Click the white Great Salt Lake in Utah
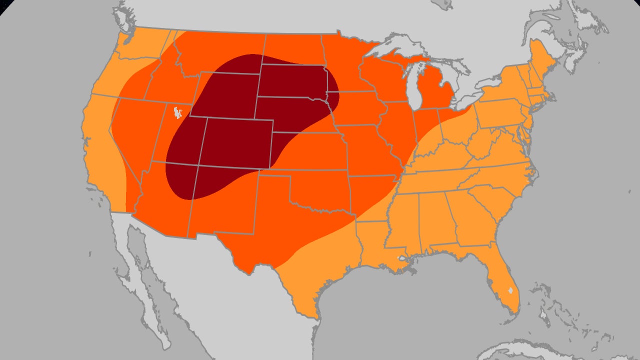[x=176, y=113]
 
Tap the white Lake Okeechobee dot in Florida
[x=510, y=290]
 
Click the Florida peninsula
[x=505, y=280]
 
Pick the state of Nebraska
[x=295, y=112]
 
